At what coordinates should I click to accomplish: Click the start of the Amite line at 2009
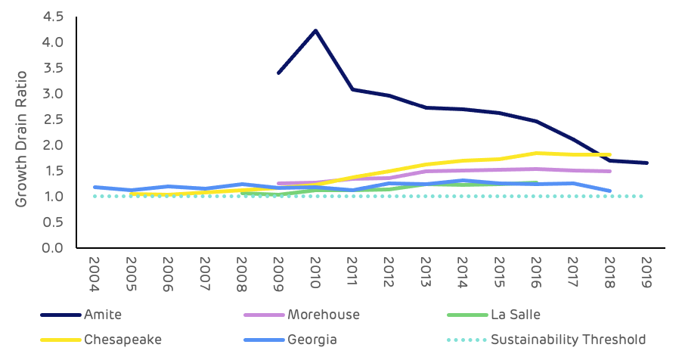(x=278, y=73)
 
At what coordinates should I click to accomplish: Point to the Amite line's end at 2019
(x=646, y=163)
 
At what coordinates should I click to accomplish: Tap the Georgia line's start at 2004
(x=94, y=187)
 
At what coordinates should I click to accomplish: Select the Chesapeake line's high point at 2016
(x=536, y=153)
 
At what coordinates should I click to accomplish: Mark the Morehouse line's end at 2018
(x=609, y=171)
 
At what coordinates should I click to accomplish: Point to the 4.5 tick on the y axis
(x=52, y=17)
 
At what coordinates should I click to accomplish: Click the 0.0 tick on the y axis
(x=52, y=248)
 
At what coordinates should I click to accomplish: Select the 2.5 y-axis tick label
(x=52, y=119)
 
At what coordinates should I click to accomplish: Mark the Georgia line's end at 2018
(x=609, y=191)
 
